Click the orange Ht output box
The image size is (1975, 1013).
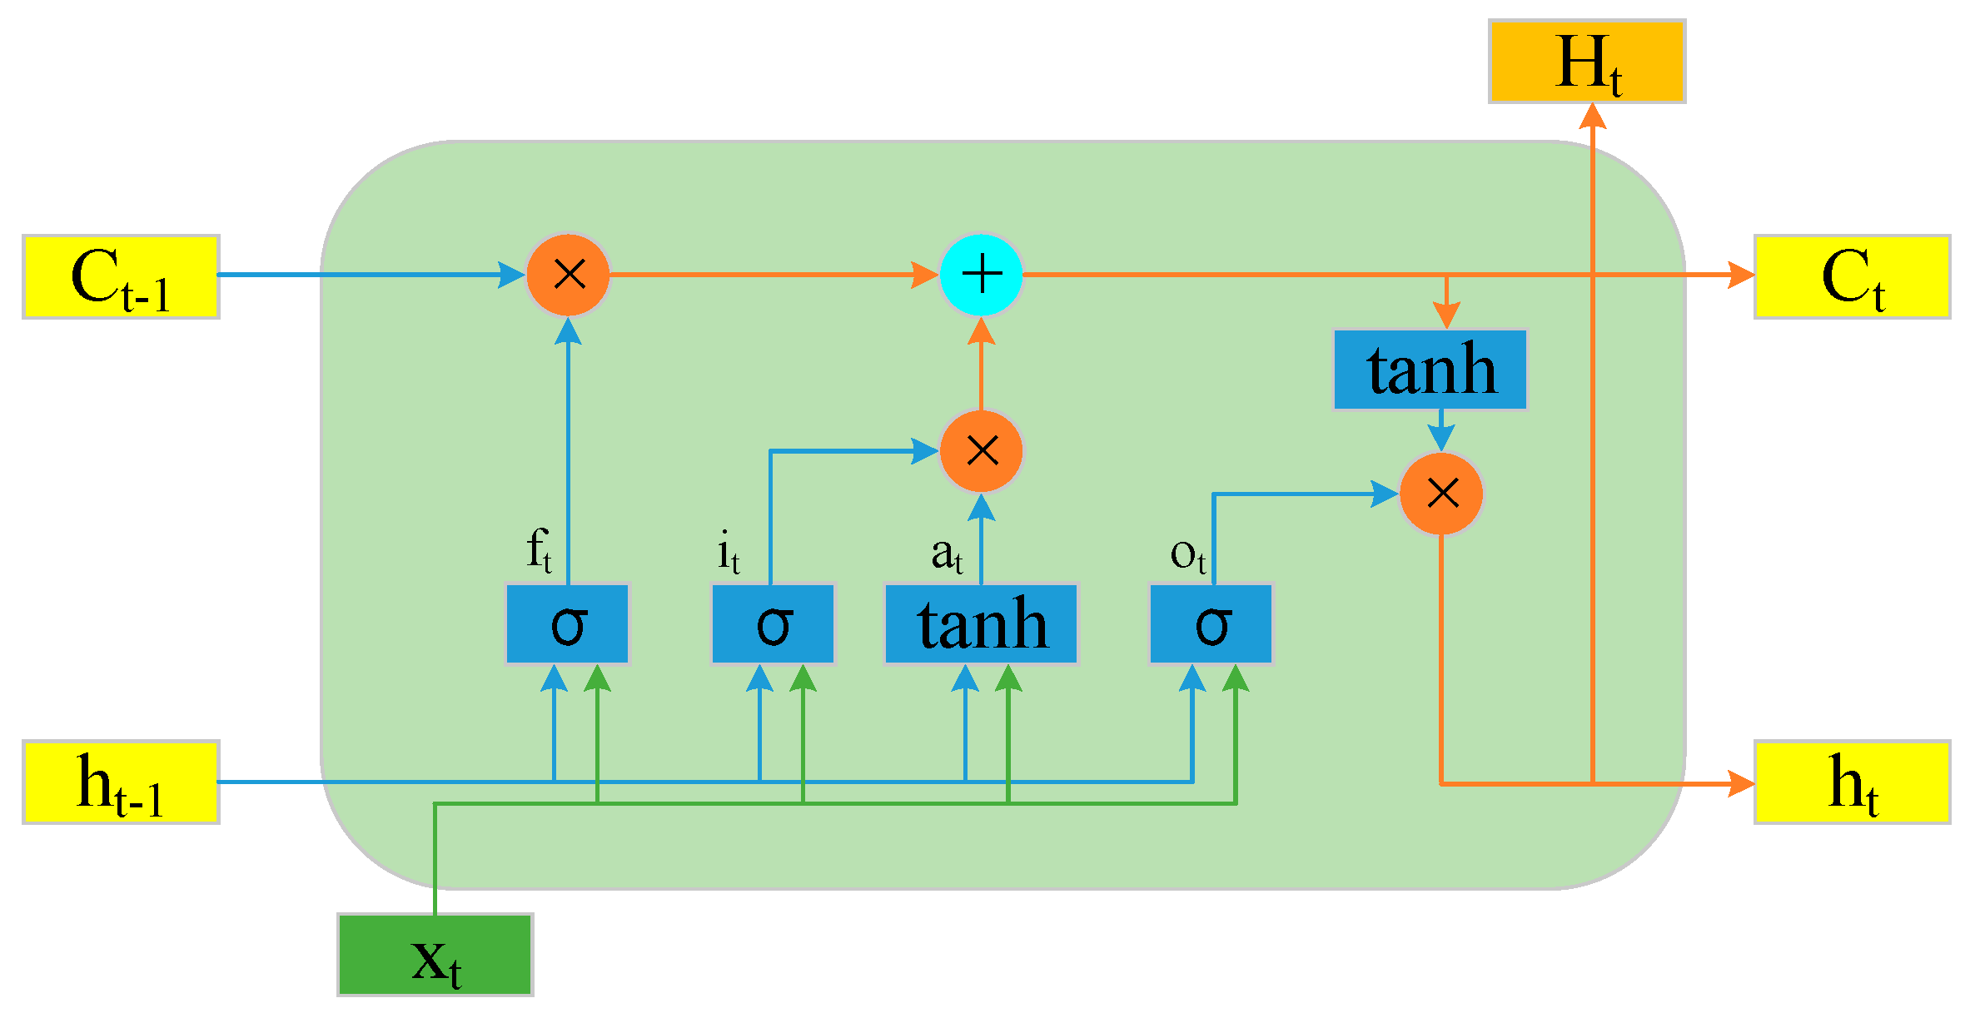pos(1587,62)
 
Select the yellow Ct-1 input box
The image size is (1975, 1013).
pos(121,277)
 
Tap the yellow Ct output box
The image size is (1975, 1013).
pos(1852,277)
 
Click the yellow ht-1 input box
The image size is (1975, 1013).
pos(121,782)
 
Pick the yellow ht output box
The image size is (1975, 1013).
pos(1852,782)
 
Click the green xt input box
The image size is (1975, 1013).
pos(435,955)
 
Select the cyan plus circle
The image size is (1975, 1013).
pos(982,275)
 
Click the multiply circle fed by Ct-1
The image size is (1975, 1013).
pos(569,275)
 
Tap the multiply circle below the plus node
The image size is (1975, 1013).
pos(982,451)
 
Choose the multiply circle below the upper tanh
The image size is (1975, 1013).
pos(1441,494)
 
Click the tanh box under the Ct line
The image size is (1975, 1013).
pos(1430,370)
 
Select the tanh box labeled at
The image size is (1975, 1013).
pos(981,624)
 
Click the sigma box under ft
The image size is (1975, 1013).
pos(568,624)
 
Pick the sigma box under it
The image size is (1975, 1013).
pos(773,624)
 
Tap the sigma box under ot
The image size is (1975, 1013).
pos(1211,624)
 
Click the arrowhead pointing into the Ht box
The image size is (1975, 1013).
pos(1592,115)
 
